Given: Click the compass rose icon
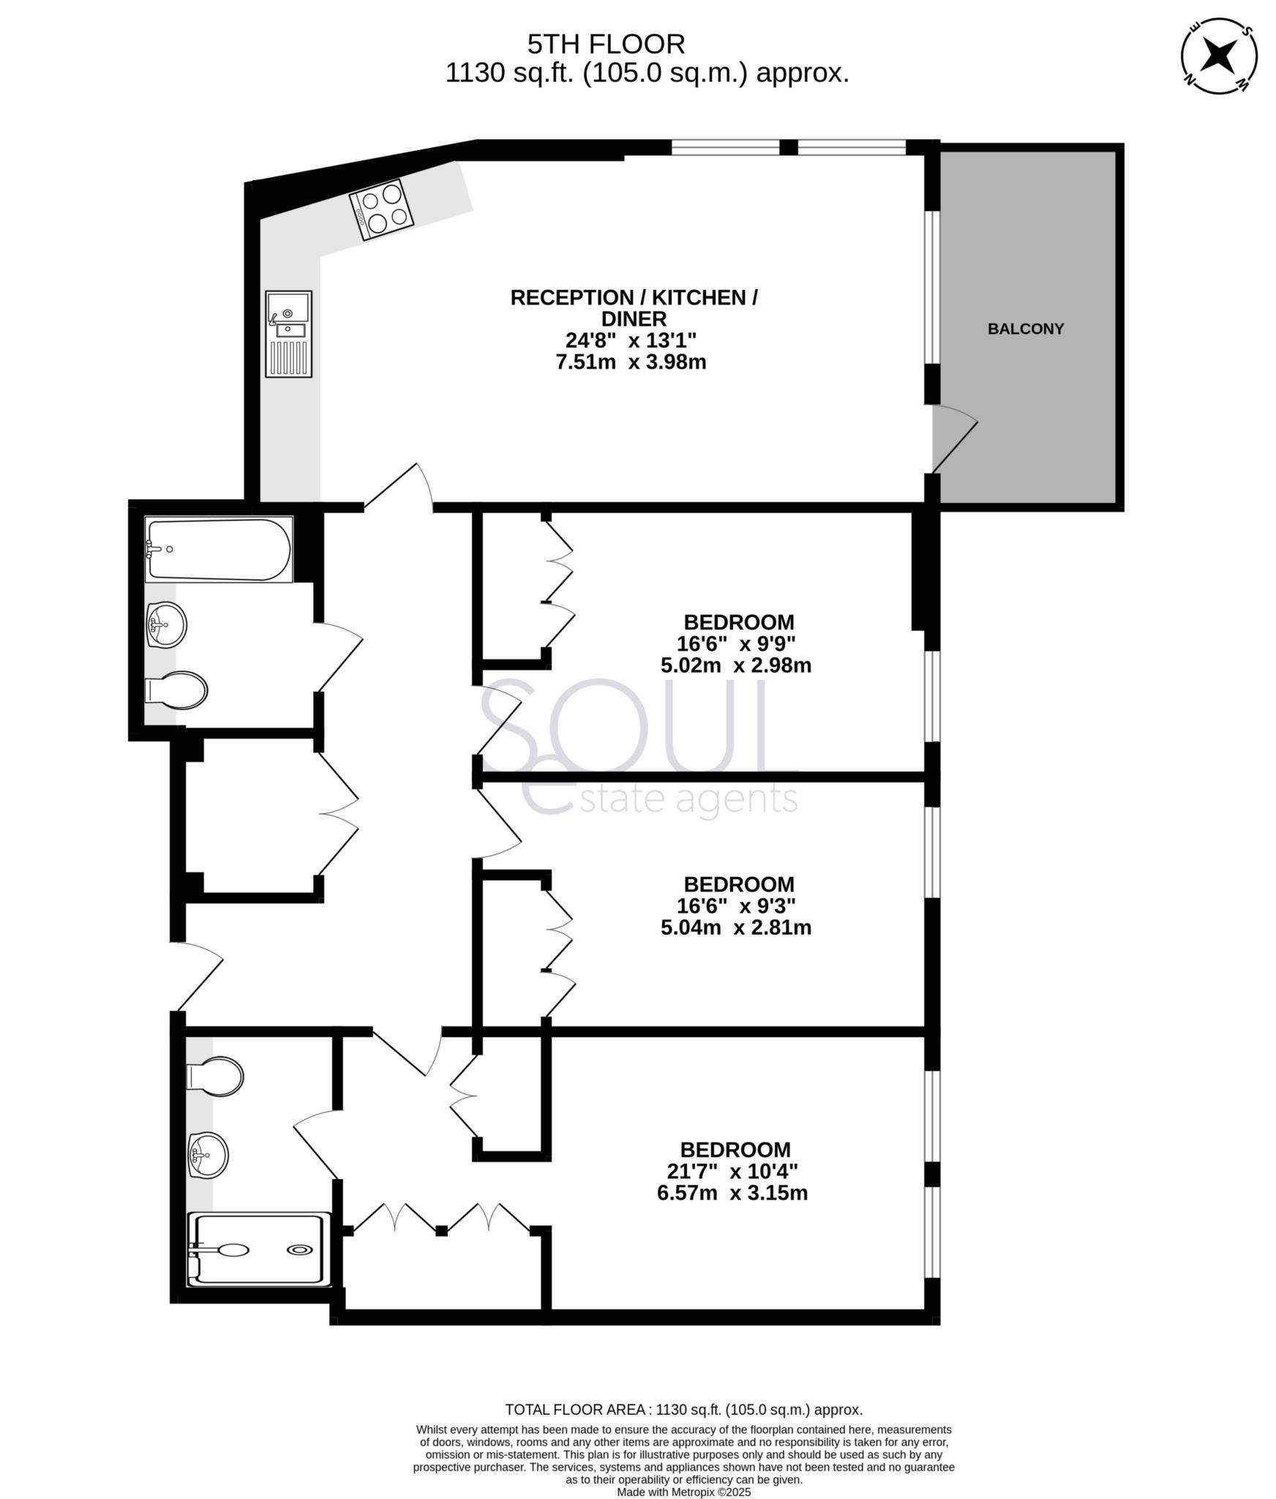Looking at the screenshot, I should pyautogui.click(x=1220, y=56).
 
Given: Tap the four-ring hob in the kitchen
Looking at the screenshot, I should pyautogui.click(x=381, y=209).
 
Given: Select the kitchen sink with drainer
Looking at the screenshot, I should pyautogui.click(x=289, y=334).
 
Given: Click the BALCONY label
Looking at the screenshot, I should pyautogui.click(x=1025, y=329).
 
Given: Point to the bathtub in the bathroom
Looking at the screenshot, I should pyautogui.click(x=218, y=549).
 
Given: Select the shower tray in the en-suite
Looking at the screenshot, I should pyautogui.click(x=260, y=1249).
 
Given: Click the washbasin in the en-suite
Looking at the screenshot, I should pyautogui.click(x=208, y=1155).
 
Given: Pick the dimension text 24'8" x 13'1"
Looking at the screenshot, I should pyautogui.click(x=631, y=340).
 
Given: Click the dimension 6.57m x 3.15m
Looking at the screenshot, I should pyautogui.click(x=732, y=1193).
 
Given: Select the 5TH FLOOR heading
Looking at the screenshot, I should pyautogui.click(x=606, y=45).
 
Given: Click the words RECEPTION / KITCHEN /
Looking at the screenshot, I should pyautogui.click(x=634, y=298).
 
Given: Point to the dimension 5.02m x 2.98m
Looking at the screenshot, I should pyautogui.click(x=735, y=665).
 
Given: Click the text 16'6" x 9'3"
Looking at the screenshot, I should pyautogui.click(x=735, y=905).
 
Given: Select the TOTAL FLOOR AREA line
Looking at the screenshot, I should pyautogui.click(x=683, y=1409).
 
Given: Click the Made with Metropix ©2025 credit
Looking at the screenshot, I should pyautogui.click(x=683, y=1492).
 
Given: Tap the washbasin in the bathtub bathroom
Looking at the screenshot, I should pyautogui.click(x=167, y=624).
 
